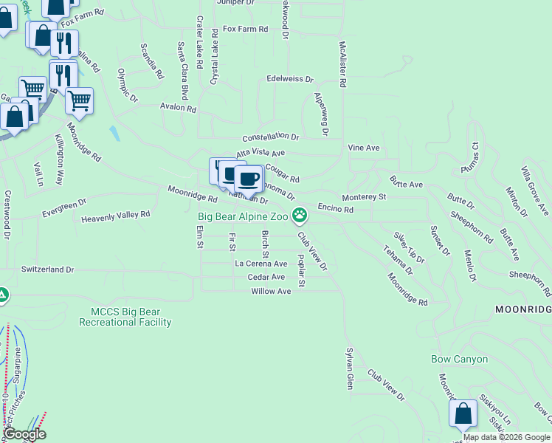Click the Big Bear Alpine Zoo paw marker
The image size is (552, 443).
point(300,216)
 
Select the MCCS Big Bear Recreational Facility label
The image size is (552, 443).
point(131,317)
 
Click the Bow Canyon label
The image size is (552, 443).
point(460,360)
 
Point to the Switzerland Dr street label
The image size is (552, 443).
point(48,270)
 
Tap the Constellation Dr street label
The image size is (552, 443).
point(271,137)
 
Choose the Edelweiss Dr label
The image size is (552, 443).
point(290,79)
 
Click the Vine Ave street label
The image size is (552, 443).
point(364,148)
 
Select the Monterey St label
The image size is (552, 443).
point(364,197)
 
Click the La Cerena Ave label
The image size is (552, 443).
point(261,264)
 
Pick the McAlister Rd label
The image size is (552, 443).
point(342,64)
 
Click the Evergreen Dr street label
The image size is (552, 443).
point(64,206)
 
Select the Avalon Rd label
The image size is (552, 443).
point(179,108)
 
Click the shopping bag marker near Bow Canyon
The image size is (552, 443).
point(464,414)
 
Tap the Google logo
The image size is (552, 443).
point(24,434)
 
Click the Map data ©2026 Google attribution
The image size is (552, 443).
point(506,437)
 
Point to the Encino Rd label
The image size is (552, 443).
point(336,210)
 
